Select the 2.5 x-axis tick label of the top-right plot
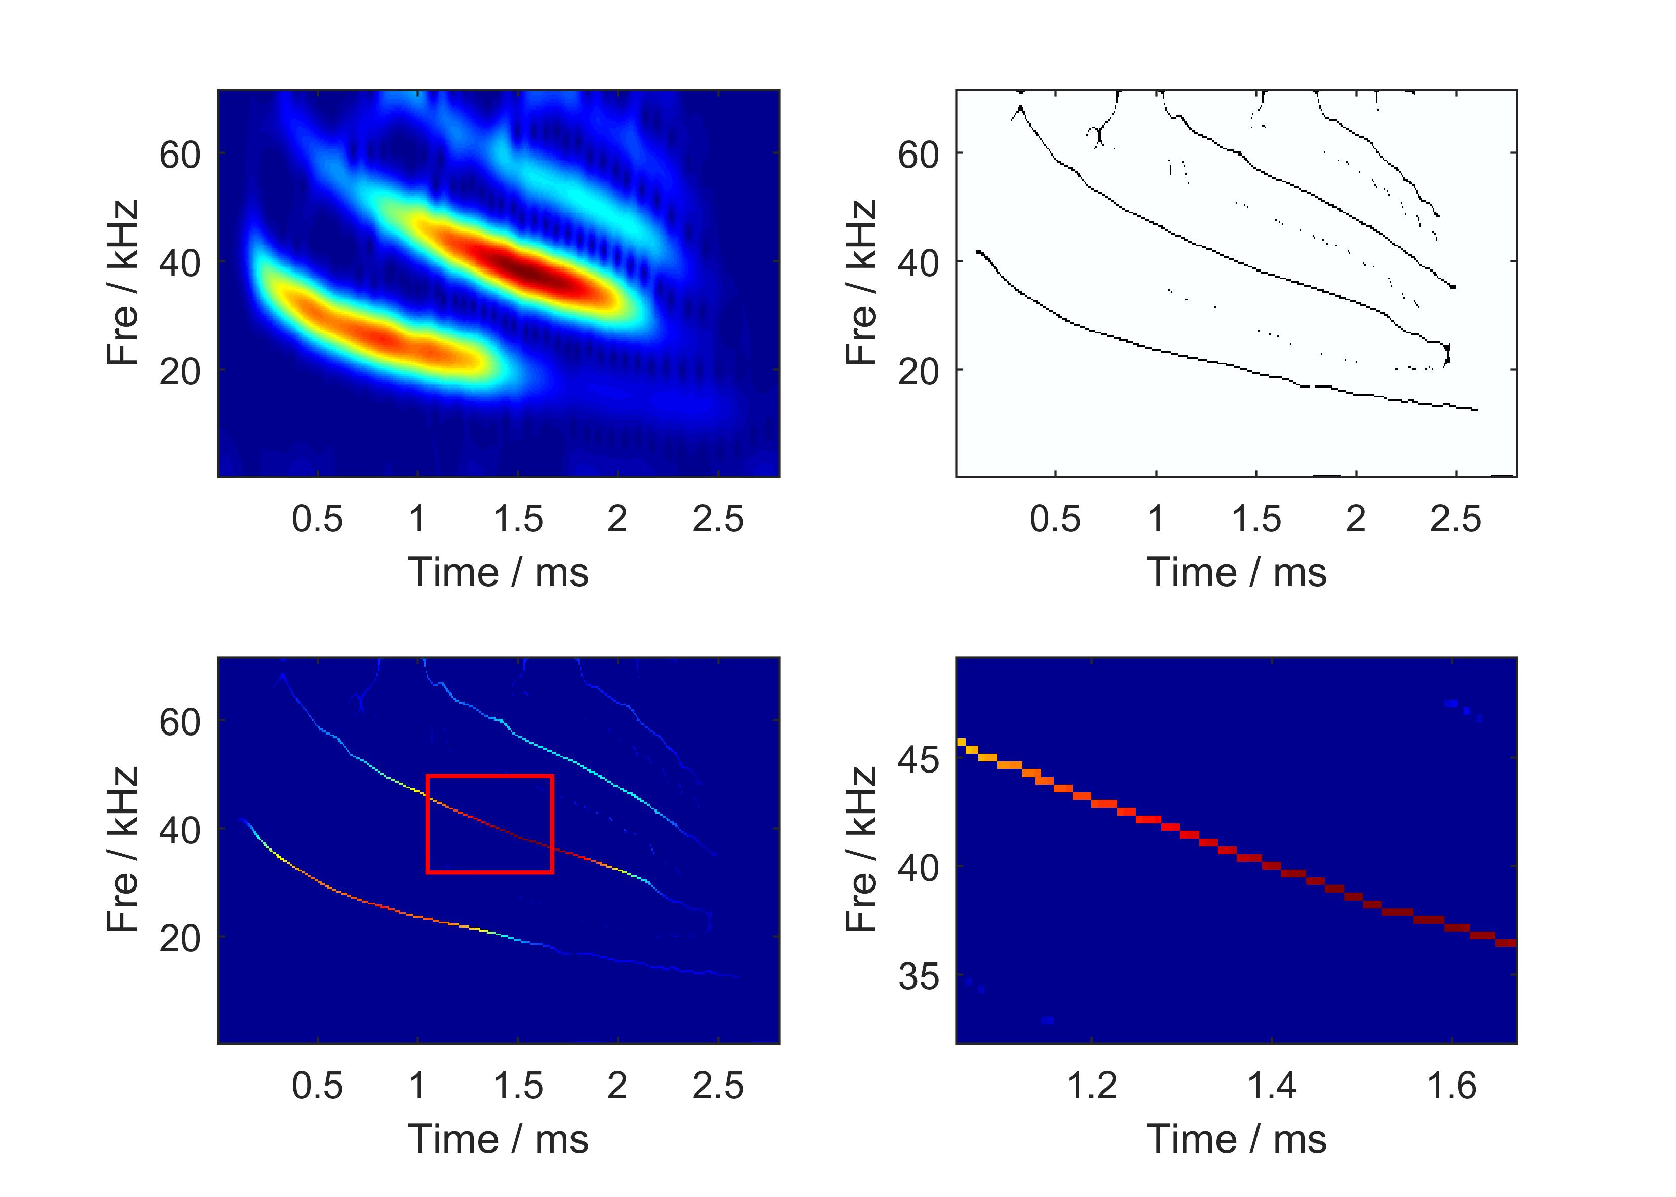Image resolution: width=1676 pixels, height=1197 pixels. [x=1456, y=519]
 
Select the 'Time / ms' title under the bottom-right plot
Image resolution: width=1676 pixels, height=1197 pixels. [x=1237, y=1140]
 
